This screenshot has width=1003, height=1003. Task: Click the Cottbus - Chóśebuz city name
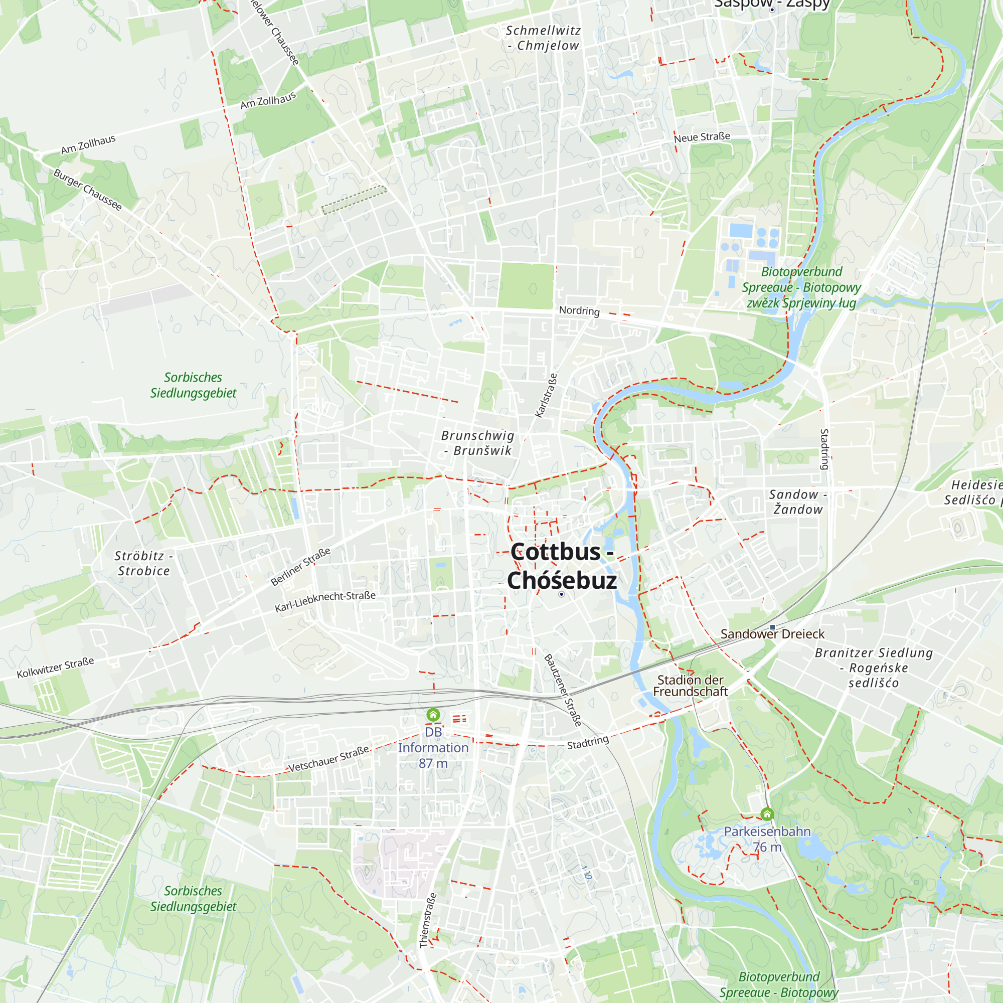coord(562,566)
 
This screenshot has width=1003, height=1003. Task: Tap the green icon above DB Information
coord(433,715)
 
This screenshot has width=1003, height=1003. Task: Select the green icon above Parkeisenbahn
coord(767,814)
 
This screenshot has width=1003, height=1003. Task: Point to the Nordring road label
coord(579,310)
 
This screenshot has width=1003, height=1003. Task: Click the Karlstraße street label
coord(546,395)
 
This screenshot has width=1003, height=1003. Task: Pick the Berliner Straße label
coord(300,566)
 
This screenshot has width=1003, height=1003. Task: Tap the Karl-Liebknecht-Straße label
coord(325,601)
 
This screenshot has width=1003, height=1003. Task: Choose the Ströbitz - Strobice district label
coord(144,563)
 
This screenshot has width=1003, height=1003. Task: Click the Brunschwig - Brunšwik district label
coord(477,443)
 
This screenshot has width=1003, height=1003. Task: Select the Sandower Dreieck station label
coord(772,634)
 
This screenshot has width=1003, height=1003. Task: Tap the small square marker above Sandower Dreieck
coord(772,627)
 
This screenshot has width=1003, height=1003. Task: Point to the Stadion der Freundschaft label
coord(691,686)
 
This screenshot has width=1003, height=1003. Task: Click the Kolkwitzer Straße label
coord(56,667)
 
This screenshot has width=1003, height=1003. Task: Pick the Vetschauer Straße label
coord(328,759)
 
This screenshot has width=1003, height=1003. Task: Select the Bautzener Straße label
coord(563,690)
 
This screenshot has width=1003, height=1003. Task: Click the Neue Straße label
coord(702,137)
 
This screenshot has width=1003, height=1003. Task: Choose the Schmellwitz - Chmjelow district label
coord(543,38)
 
